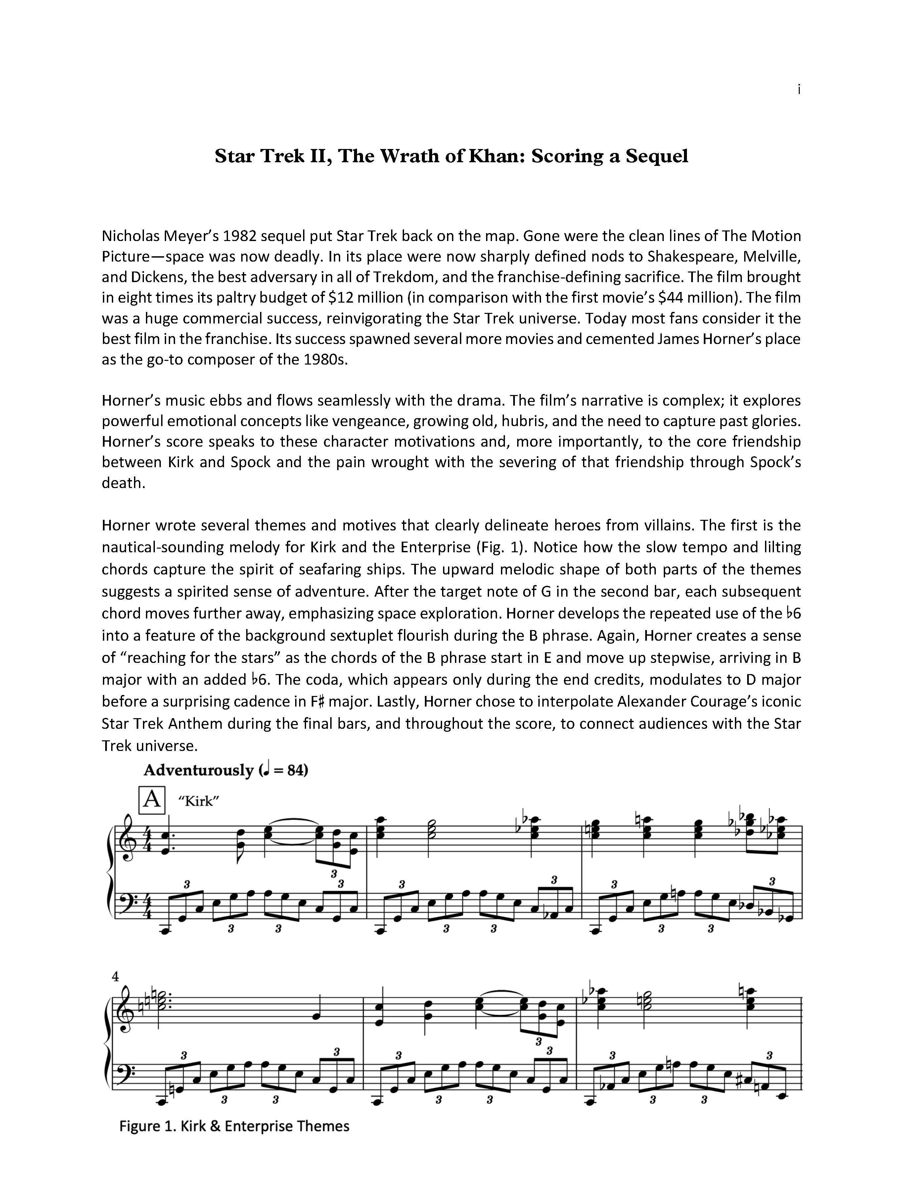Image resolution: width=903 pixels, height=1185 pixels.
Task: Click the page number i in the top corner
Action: tap(799, 90)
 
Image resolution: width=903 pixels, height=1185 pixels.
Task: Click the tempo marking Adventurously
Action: tap(198, 770)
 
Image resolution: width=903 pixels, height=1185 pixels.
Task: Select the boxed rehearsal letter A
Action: tap(152, 799)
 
